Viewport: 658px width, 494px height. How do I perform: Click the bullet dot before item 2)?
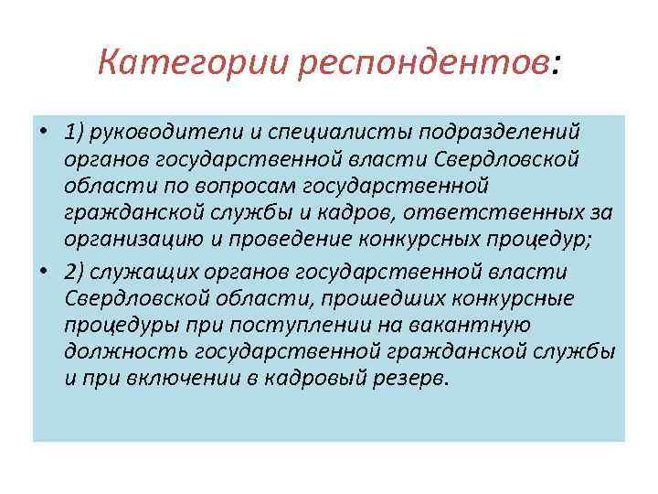point(43,273)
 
